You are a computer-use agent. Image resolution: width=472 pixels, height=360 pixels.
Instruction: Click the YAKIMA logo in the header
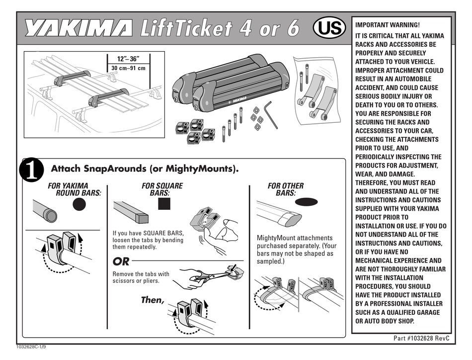tap(79, 29)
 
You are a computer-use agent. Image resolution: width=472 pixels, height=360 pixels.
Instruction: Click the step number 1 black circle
tap(31, 170)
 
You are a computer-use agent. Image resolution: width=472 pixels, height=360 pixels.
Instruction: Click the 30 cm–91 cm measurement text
tap(128, 68)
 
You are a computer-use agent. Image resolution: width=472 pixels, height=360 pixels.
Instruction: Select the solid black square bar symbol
tap(164, 204)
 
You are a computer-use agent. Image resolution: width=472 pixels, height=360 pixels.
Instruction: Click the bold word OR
tap(121, 261)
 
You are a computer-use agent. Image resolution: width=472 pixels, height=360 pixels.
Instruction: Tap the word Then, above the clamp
tap(152, 300)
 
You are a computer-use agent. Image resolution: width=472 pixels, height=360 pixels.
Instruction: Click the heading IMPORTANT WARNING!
tap(388, 25)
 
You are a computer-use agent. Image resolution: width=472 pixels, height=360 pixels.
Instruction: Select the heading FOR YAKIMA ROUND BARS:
tap(75, 189)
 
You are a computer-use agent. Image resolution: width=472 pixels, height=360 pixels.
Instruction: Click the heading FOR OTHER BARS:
tap(286, 189)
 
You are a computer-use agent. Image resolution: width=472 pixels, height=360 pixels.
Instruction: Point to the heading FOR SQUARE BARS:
tap(162, 189)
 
